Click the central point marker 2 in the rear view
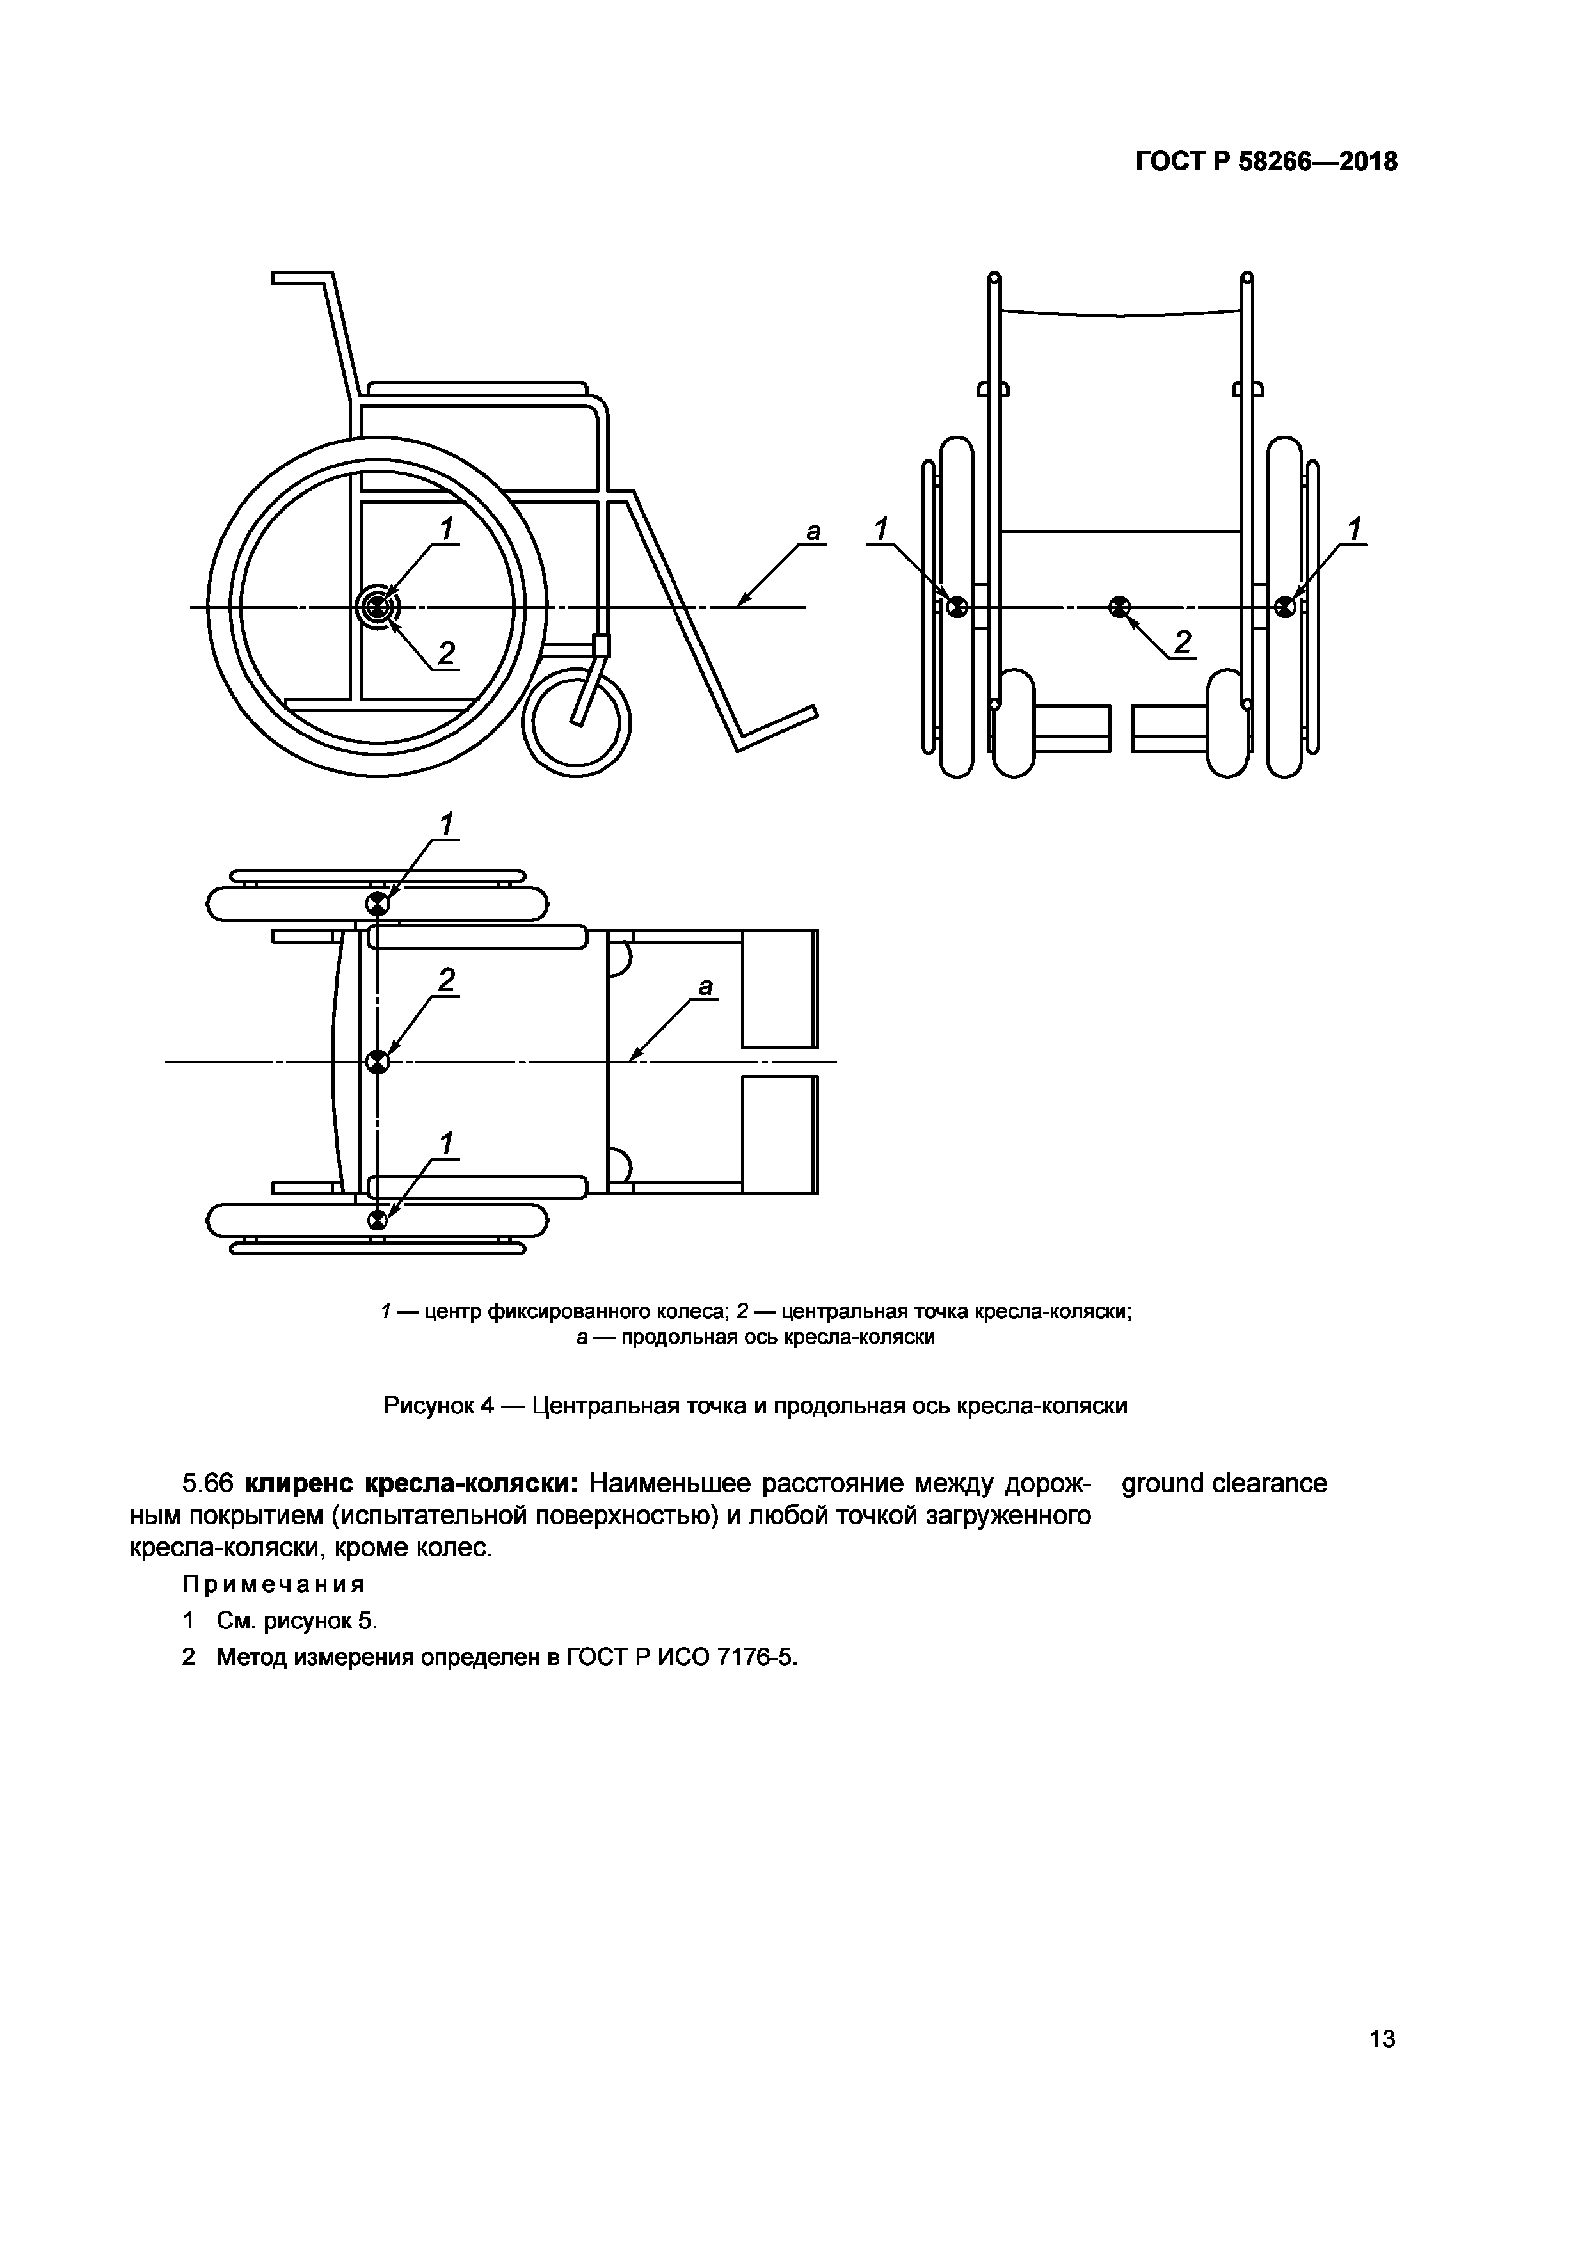pos(1120,608)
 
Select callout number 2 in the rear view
pos(1183,642)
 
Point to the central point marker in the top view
pos(377,1062)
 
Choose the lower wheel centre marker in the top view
pos(377,1220)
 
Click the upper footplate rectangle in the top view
pos(779,989)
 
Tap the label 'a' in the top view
pos(706,987)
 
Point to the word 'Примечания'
pos(274,1583)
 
